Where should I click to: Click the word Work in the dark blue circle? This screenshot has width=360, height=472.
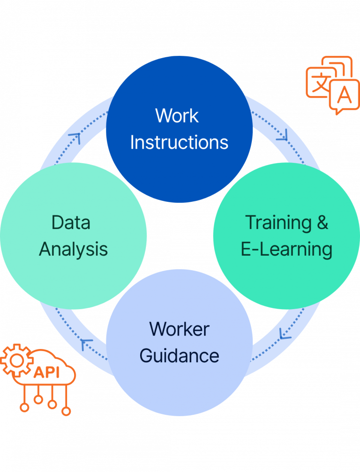pos(177,115)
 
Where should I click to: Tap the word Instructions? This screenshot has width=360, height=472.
pos(179,142)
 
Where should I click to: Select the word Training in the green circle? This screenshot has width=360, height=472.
pos(278,222)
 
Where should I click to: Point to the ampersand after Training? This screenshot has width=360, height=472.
pos(322,222)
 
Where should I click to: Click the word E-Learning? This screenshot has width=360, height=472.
pos(286,249)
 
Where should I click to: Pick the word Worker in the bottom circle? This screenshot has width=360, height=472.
pos(179,329)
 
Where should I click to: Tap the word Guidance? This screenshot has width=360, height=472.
pos(179,356)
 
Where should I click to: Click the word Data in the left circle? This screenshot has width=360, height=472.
pos(71,222)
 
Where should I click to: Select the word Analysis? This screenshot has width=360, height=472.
pos(73,249)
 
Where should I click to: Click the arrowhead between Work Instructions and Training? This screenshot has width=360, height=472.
pos(282,137)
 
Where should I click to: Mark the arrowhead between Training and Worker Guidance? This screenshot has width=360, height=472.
pos(284,335)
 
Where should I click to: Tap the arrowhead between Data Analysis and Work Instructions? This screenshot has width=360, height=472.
pos(75,137)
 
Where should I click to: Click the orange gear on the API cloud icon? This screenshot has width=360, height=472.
pos(15,360)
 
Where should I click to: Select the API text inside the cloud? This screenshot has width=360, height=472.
pos(46,373)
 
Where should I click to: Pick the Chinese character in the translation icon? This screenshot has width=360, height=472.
pos(321,84)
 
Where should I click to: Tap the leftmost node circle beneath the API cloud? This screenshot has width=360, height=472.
pos(24,407)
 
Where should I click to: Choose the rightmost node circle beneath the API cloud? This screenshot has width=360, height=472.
pos(67,411)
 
